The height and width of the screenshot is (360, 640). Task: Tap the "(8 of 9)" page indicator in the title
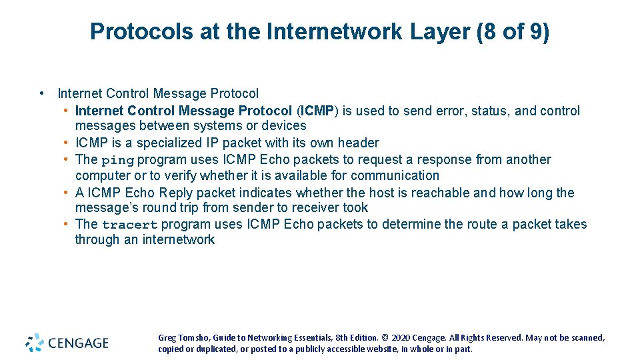pos(513,31)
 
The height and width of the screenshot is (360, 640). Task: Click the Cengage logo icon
pos(35,343)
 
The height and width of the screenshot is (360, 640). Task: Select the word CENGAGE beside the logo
pos(78,343)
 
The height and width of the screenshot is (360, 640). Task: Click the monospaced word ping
pos(117,160)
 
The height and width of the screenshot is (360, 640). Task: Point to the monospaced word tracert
pos(129,225)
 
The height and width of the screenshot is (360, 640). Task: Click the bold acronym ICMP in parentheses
pos(320,111)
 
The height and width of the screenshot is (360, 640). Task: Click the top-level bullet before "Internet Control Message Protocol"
pos(42,94)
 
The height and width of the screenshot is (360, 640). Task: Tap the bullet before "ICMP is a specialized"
pos(67,143)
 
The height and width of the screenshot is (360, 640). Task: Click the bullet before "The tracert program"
pos(67,224)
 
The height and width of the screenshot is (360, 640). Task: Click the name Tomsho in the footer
pos(192,338)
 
